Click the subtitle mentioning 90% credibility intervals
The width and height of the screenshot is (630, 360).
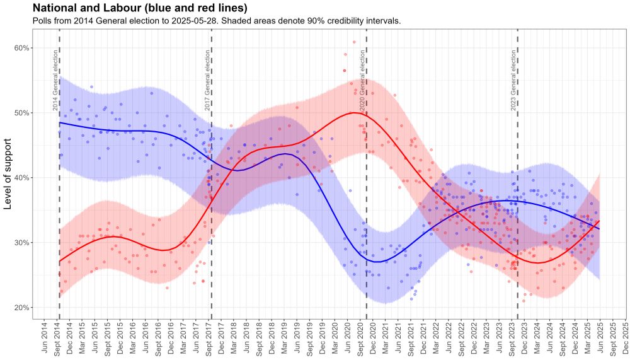[217, 21]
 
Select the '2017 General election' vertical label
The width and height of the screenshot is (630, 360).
[207, 81]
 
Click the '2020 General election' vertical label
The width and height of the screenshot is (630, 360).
[362, 81]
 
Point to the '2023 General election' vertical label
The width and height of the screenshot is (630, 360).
[513, 81]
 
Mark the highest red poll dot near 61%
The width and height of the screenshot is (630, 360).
[354, 42]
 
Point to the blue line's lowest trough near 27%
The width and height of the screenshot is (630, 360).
[376, 261]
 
